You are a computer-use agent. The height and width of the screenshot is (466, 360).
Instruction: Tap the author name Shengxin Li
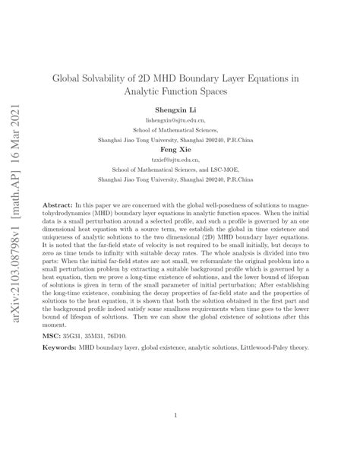click(x=179, y=109)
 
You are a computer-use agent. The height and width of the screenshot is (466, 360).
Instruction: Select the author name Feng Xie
click(x=179, y=150)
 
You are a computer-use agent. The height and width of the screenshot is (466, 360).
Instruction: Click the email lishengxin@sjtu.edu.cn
click(x=179, y=119)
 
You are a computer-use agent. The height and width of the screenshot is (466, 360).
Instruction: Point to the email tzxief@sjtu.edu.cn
click(x=179, y=160)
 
